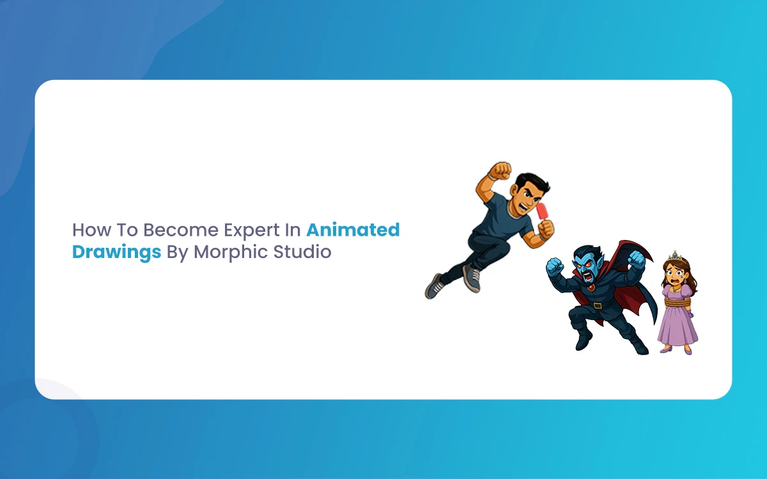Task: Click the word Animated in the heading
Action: pyautogui.click(x=353, y=229)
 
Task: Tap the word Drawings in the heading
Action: pyautogui.click(x=116, y=252)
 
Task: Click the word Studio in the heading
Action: pyautogui.click(x=302, y=252)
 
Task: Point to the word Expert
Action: pyautogui.click(x=252, y=231)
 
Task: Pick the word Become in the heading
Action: pyautogui.click(x=180, y=229)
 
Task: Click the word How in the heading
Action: pyautogui.click(x=92, y=229)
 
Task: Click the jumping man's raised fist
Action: pyautogui.click(x=500, y=171)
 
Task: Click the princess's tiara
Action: pyautogui.click(x=675, y=256)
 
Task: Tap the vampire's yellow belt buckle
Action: pyautogui.click(x=598, y=305)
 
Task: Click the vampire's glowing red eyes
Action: pyautogui.click(x=584, y=266)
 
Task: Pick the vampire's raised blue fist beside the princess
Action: pyautogui.click(x=637, y=260)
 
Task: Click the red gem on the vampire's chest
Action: pyautogui.click(x=591, y=288)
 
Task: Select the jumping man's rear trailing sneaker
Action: pyautogui.click(x=434, y=286)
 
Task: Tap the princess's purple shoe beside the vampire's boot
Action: pyautogui.click(x=666, y=349)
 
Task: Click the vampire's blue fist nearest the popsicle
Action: pyautogui.click(x=555, y=266)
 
